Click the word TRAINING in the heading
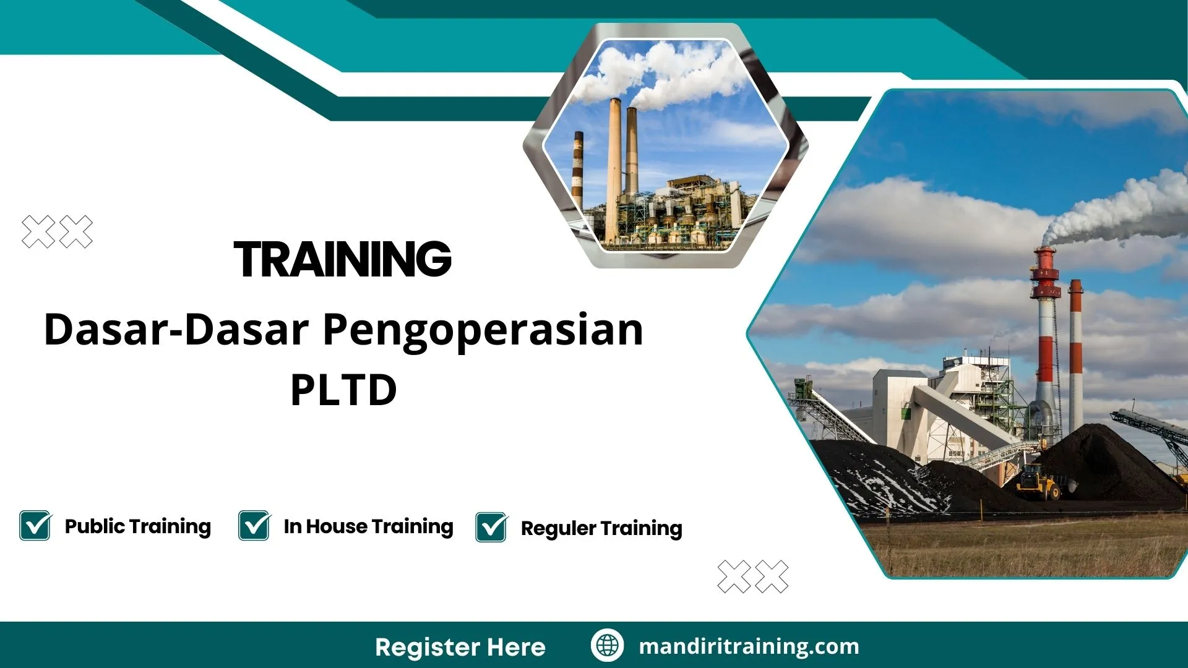342,259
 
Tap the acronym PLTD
343,390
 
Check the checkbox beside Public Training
35,526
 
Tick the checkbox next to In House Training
254,526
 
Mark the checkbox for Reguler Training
491,528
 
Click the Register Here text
460,647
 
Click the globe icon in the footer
607,646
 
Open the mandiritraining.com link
749,646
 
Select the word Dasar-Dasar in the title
176,330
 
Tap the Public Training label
137,526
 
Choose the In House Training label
368,526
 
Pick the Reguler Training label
601,528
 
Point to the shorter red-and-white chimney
1076,353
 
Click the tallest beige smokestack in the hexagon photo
614,167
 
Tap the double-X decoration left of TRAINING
57,232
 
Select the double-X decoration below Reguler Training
752,576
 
